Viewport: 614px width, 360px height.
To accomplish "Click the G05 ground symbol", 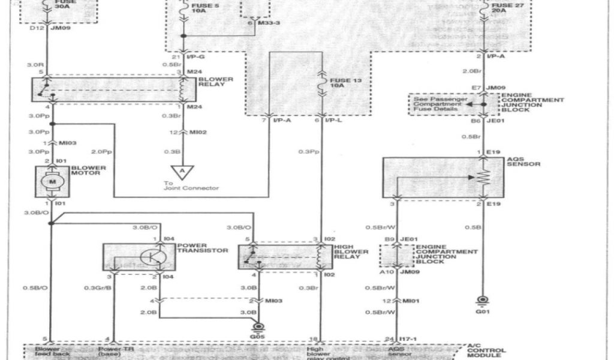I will click(x=259, y=328).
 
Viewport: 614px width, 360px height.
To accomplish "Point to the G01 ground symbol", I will click(x=481, y=301).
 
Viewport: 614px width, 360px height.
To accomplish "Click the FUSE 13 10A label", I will click(x=337, y=82).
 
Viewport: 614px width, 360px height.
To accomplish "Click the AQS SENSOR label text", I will click(x=515, y=163).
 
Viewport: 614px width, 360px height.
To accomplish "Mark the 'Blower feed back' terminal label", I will click(x=52, y=352).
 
